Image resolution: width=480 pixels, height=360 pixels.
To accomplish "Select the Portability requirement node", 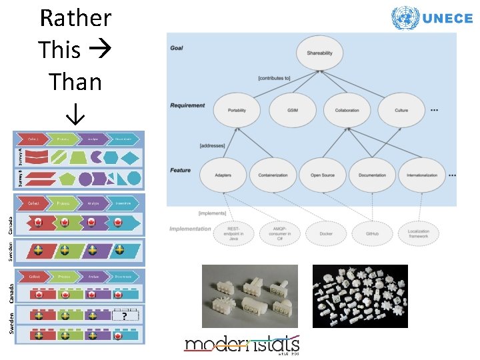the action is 237,110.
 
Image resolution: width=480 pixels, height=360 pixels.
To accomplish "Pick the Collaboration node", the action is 347,110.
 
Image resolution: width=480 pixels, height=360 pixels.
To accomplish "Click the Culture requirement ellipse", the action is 401,110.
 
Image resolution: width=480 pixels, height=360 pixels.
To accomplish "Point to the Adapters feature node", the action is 224,175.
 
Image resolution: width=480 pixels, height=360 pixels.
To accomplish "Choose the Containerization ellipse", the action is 273,175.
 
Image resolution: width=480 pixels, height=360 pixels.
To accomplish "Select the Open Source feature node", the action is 323,175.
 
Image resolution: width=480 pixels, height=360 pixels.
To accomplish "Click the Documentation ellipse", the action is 373,175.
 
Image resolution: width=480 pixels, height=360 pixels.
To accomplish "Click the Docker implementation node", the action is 327,234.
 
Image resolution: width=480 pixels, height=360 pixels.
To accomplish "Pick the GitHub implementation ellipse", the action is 372,234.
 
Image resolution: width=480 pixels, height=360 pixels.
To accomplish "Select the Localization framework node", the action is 418,234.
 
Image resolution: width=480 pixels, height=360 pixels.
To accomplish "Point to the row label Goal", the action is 177,48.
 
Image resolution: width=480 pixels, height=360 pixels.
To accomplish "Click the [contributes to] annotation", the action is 273,79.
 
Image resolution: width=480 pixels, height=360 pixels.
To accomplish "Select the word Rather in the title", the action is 75,18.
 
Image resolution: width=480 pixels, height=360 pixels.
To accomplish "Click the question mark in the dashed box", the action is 125,317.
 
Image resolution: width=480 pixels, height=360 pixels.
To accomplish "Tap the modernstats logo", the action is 242,345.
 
